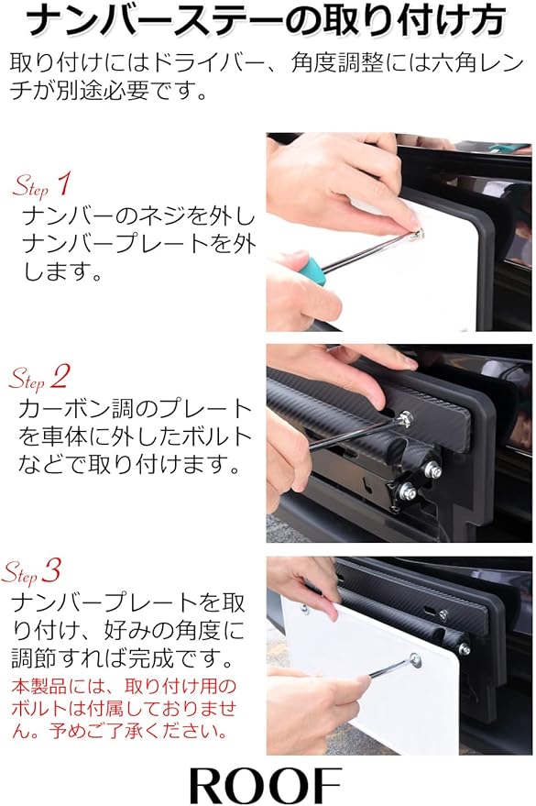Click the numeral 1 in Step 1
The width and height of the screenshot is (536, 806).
click(63, 183)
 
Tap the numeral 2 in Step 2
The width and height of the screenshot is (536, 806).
click(60, 376)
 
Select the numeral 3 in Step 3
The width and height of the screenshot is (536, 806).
click(53, 571)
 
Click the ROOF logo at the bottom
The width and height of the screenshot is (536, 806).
click(266, 784)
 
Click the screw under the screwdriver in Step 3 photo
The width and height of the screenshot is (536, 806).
click(415, 658)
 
